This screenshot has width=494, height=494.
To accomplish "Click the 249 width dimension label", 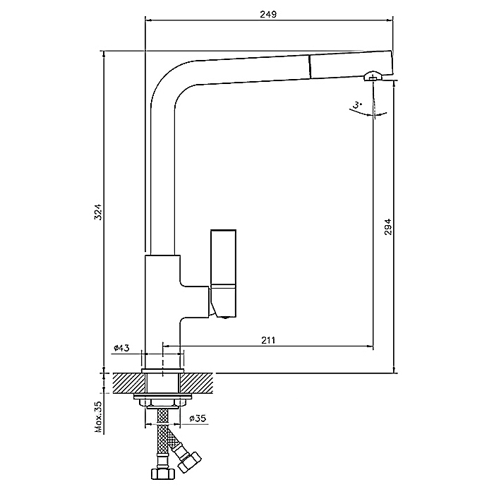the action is pyautogui.click(x=268, y=14).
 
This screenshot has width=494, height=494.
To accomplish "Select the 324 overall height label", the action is pyautogui.click(x=98, y=212).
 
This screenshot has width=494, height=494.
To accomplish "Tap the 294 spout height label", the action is pyautogui.click(x=387, y=227).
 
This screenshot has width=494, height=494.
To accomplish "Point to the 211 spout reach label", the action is pyautogui.click(x=268, y=340).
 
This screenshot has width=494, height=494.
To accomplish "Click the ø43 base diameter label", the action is pyautogui.click(x=121, y=348).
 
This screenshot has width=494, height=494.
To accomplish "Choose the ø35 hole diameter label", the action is pyautogui.click(x=198, y=418).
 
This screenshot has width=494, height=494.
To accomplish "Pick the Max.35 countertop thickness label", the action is pyautogui.click(x=98, y=417).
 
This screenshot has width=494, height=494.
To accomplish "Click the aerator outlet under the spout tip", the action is pyautogui.click(x=373, y=76).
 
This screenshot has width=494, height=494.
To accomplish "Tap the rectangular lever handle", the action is pyautogui.click(x=223, y=258).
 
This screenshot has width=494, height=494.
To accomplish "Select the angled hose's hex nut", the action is pyautogui.click(x=189, y=462).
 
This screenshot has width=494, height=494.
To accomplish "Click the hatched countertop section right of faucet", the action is pyautogui.click(x=198, y=383).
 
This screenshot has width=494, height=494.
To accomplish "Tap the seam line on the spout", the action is pyautogui.click(x=310, y=67).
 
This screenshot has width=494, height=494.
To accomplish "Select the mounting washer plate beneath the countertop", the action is pyautogui.click(x=162, y=397).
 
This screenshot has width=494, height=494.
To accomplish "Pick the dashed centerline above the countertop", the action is pyautogui.click(x=162, y=359).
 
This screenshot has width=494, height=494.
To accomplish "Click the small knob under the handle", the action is pyautogui.click(x=225, y=318).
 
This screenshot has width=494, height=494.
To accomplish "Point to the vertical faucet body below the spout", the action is pyautogui.click(x=162, y=312).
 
